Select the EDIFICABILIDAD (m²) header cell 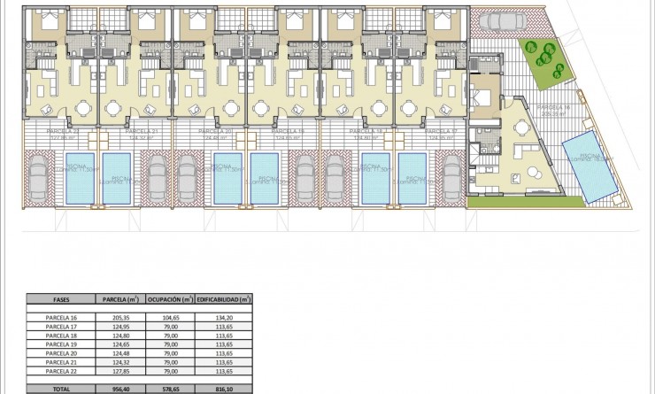point(224,298)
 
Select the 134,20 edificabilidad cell point(224,316)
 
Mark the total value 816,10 point(224,388)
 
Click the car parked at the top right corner point(502,22)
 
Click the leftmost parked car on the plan point(38,176)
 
